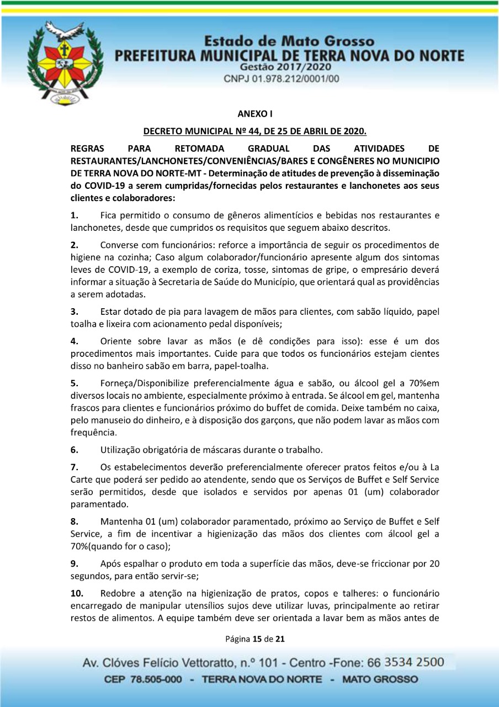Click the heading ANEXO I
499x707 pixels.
254,114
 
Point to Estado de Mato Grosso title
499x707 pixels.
288,42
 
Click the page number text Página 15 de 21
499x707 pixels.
254,640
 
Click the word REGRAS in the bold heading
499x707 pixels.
88,148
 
